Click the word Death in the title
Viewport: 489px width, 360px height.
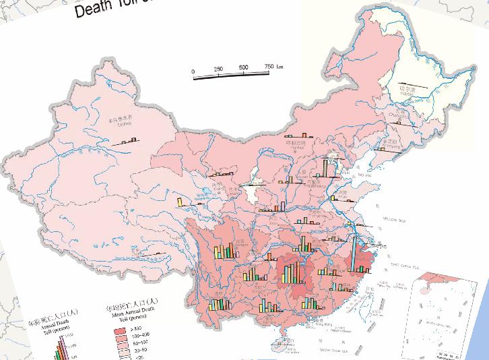point(94,10)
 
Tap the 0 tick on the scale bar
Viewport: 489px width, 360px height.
point(193,71)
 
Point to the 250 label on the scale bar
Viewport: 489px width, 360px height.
point(218,69)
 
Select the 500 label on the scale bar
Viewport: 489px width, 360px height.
point(243,68)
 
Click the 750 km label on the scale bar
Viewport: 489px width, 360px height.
point(273,66)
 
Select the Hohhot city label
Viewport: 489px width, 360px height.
point(295,144)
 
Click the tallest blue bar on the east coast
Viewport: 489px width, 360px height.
point(352,249)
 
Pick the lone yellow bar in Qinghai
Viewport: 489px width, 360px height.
point(180,202)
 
